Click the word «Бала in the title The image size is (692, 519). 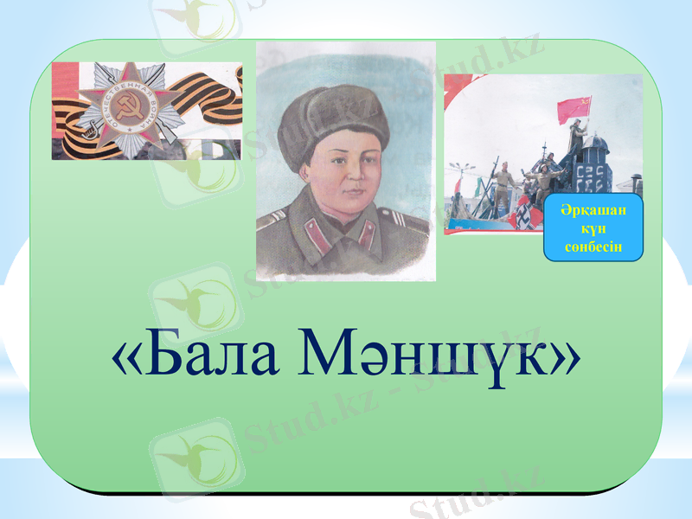pos(195,356)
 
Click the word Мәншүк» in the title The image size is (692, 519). pos(436,357)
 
